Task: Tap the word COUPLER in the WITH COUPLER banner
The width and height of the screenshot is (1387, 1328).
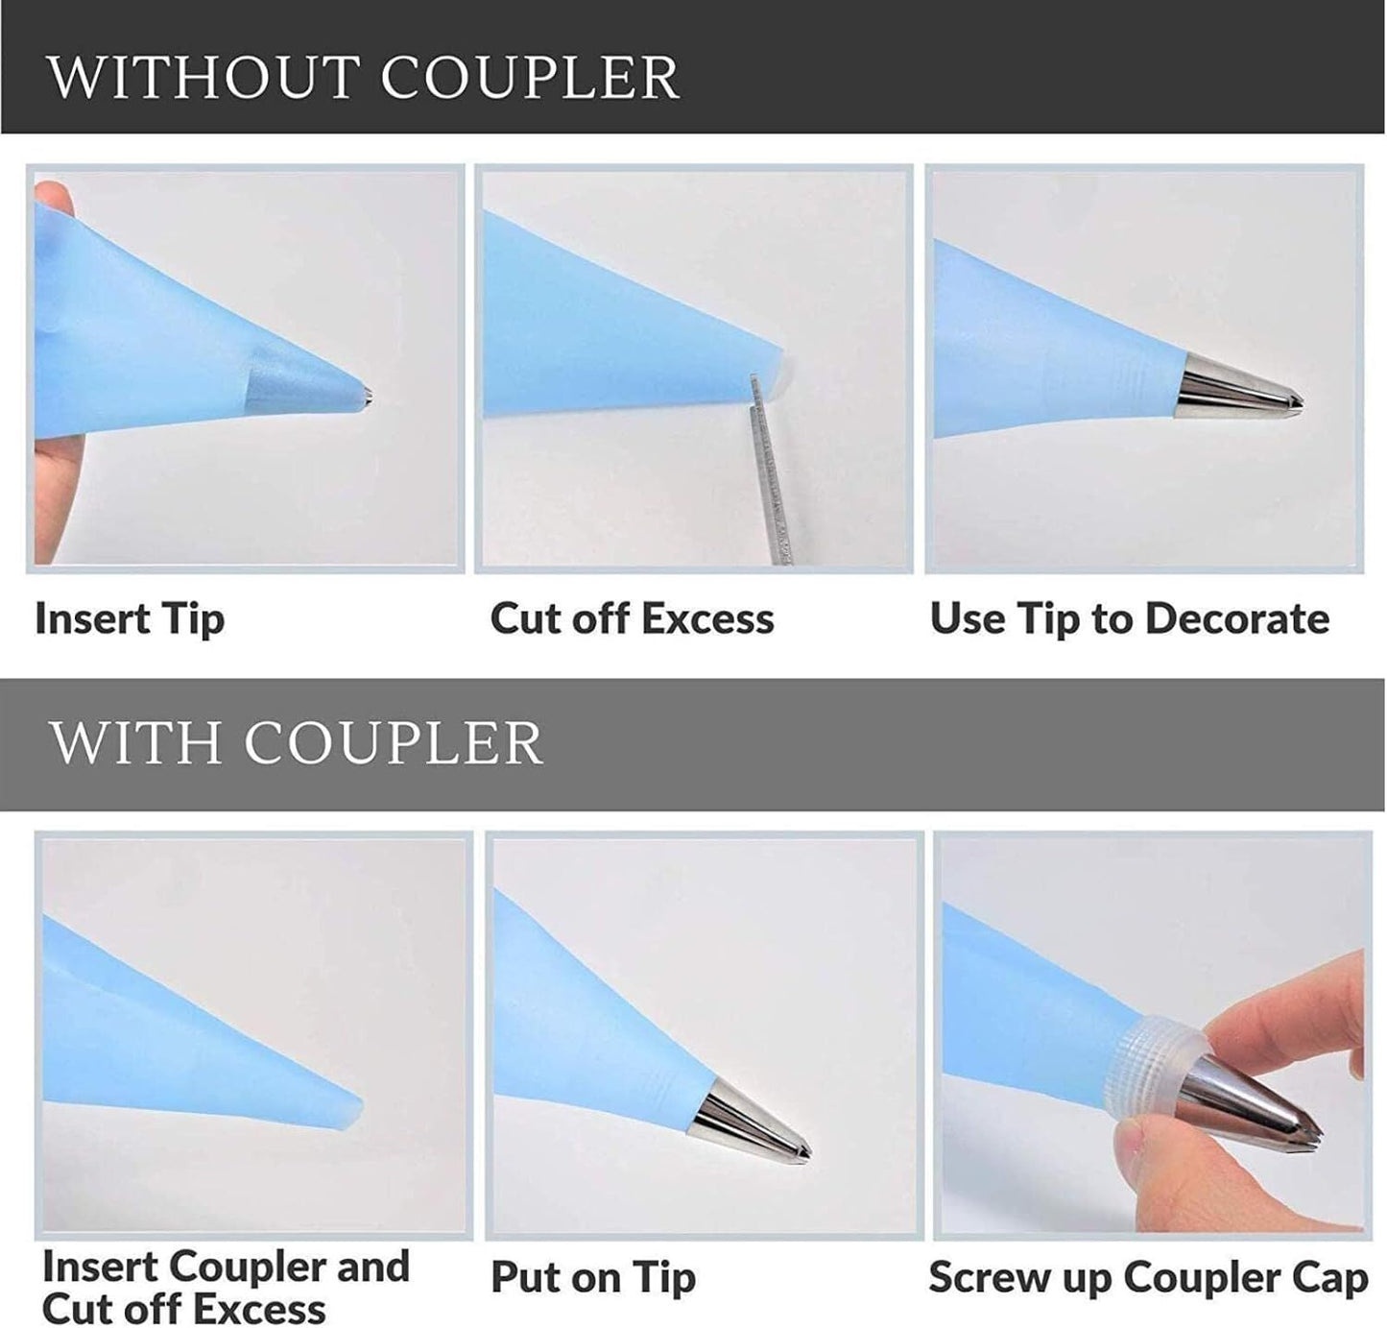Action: pos(394,743)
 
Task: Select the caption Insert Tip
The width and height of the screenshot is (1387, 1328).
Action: pos(130,618)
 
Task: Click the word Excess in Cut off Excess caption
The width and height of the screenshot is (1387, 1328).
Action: pos(707,618)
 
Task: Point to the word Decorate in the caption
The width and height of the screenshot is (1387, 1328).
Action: pos(1237,618)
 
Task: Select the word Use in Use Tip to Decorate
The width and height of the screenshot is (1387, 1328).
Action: pos(968,617)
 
